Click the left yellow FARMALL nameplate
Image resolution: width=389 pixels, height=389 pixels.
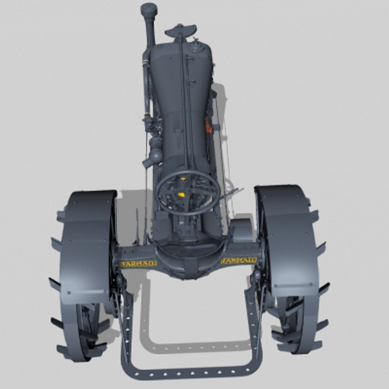(138, 263)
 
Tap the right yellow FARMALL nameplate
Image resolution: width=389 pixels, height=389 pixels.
(239, 260)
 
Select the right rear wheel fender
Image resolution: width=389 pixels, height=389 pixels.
(288, 238)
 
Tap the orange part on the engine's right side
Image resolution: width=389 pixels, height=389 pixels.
(208, 124)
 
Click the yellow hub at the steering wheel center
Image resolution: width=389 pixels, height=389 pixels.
(182, 195)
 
